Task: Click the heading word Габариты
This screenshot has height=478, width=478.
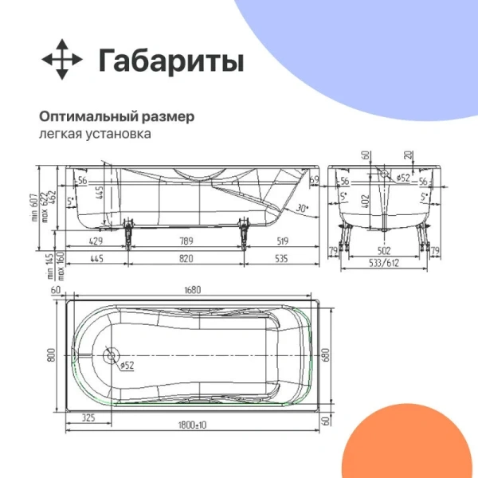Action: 170,61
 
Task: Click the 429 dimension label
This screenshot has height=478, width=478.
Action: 95,241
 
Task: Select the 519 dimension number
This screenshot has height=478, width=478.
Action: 281,241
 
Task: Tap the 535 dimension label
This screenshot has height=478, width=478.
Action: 281,258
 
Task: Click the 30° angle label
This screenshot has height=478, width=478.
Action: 300,209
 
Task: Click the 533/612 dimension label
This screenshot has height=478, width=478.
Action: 386,262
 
